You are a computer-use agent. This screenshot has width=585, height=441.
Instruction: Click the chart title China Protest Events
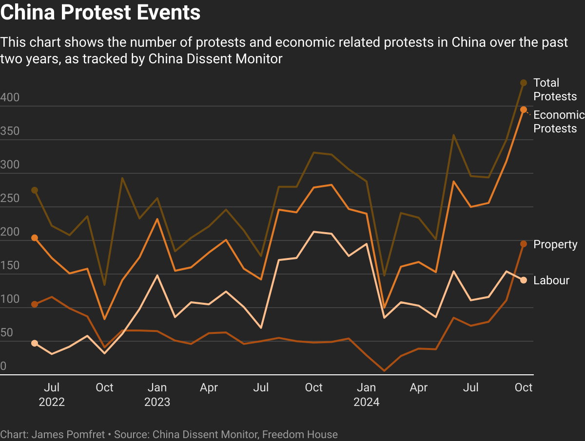(100, 13)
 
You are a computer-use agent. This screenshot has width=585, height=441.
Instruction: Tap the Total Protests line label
(555, 90)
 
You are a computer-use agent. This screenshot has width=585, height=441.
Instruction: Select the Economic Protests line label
(559, 122)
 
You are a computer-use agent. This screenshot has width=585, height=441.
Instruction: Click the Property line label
(555, 244)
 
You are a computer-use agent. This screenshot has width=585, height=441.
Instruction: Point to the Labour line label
(551, 280)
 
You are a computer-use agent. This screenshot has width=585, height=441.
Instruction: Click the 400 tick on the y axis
(10, 97)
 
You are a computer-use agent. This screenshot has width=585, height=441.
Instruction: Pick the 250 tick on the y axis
(10, 199)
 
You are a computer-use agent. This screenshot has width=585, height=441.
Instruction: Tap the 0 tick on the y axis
(3, 366)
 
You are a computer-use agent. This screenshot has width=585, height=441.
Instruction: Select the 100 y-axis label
(10, 299)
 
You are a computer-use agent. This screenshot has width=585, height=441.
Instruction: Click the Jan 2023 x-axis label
(157, 394)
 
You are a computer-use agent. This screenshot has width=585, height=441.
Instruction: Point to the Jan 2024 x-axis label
(366, 394)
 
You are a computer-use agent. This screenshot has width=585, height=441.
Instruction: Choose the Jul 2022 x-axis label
(52, 394)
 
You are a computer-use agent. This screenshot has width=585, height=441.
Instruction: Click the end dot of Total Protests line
(524, 83)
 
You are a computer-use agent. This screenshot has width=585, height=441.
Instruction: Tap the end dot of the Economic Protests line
(524, 110)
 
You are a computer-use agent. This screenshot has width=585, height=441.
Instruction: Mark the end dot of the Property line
(524, 244)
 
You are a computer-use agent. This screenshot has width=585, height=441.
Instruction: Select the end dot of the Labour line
(524, 280)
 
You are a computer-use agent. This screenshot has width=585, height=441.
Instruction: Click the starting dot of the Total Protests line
(35, 190)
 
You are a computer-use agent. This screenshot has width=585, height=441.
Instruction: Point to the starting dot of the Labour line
(35, 343)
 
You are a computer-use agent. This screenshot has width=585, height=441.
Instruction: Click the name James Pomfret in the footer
(68, 434)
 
